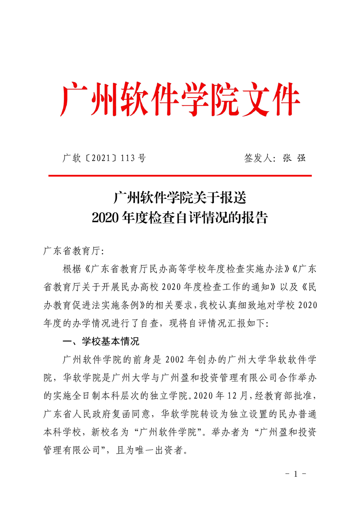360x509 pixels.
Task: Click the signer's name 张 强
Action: pyautogui.click(x=294, y=158)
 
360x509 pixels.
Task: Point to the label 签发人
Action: pyautogui.click(x=257, y=158)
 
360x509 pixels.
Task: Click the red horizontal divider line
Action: pyautogui.click(x=180, y=175)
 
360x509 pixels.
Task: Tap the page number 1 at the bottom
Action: pyautogui.click(x=296, y=474)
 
